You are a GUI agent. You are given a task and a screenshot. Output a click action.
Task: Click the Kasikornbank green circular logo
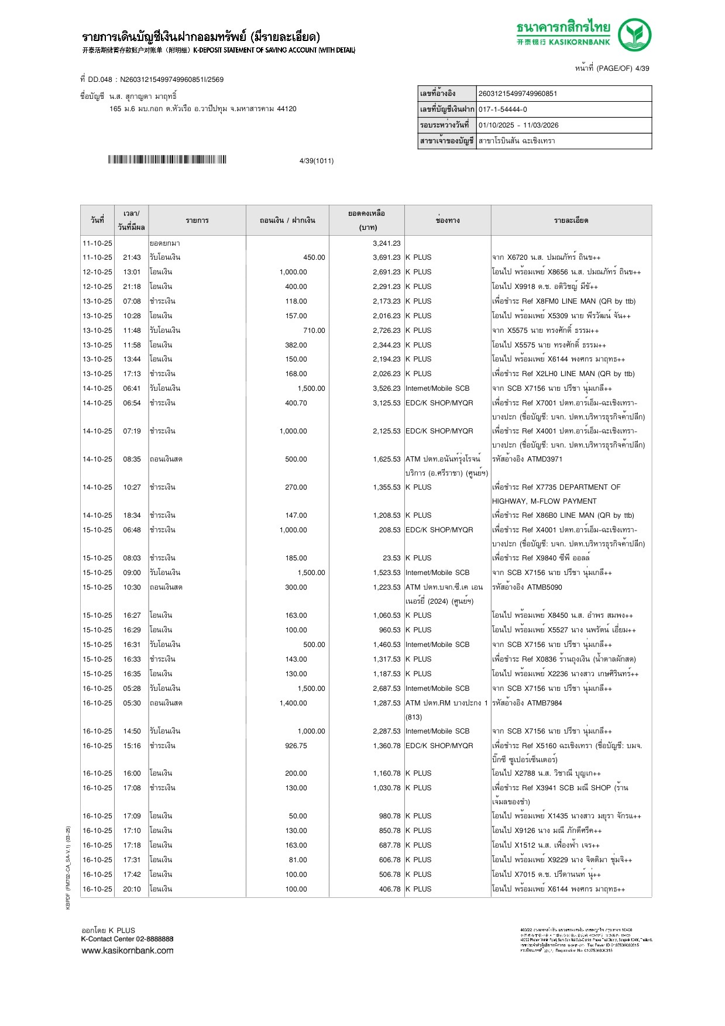[634, 35]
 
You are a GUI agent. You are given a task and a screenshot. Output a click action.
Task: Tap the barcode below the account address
[167, 160]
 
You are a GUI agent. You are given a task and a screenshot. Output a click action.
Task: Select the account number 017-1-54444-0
[503, 109]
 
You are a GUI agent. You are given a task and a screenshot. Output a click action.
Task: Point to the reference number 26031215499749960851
[518, 94]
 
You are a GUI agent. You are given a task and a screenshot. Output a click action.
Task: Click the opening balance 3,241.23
[386, 243]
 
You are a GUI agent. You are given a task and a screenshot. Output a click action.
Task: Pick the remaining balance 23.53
[391, 558]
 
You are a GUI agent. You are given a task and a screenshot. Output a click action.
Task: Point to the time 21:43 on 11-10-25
[132, 257]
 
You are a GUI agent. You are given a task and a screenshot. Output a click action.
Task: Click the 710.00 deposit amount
[314, 330]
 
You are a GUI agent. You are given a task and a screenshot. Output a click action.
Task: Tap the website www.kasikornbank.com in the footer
[128, 951]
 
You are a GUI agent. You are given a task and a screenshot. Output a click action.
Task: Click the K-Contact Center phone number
[154, 939]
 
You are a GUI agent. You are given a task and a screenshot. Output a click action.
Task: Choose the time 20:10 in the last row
[132, 889]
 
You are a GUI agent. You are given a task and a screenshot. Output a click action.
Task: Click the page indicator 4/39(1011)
[316, 161]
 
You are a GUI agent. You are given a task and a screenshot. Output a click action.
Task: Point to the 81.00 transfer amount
[297, 860]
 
